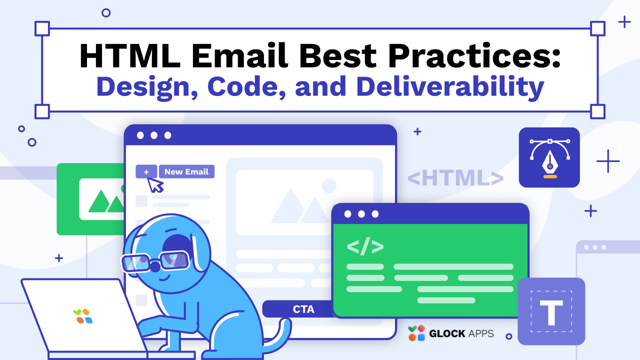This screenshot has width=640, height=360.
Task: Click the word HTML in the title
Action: click(x=128, y=55)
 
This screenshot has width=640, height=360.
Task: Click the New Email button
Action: click(x=186, y=171)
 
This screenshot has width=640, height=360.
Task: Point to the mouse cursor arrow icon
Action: click(x=155, y=184)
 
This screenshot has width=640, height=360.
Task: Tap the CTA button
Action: click(x=303, y=309)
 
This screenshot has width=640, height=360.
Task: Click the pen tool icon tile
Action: click(x=549, y=157)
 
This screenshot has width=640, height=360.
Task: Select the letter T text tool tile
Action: click(x=551, y=311)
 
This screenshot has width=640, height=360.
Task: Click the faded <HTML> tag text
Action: click(x=455, y=178)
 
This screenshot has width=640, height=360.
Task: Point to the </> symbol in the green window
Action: click(x=365, y=246)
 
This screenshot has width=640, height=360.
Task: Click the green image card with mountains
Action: click(x=90, y=199)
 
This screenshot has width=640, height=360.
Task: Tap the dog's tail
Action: click(x=280, y=335)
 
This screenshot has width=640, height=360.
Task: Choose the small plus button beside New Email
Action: click(x=146, y=171)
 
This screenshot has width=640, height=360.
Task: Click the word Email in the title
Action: click(x=235, y=55)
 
